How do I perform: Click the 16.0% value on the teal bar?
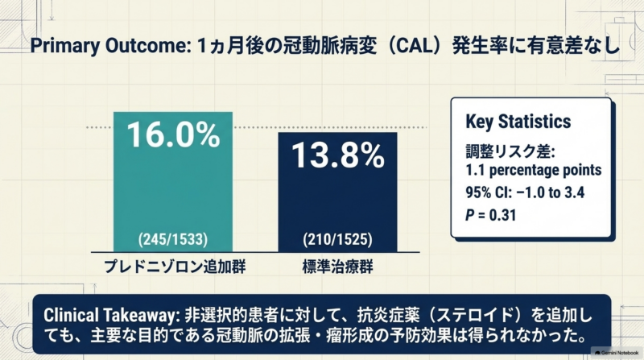pyautogui.click(x=173, y=134)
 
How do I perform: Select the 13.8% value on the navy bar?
pyautogui.click(x=338, y=155)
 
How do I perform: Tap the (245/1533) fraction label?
pyautogui.click(x=173, y=239)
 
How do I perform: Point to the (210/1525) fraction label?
pyautogui.click(x=337, y=239)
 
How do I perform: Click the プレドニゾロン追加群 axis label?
pyautogui.click(x=175, y=267)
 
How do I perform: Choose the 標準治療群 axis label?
pyautogui.click(x=337, y=267)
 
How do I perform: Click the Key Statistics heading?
pyautogui.click(x=518, y=122)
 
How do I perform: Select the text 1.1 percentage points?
pyautogui.click(x=534, y=170)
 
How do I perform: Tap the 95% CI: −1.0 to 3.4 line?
pyautogui.click(x=525, y=192)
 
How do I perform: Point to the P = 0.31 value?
pyautogui.click(x=490, y=215)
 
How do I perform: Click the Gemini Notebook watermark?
pyautogui.click(x=616, y=353)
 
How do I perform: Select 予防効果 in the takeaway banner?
pyautogui.click(x=433, y=336)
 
